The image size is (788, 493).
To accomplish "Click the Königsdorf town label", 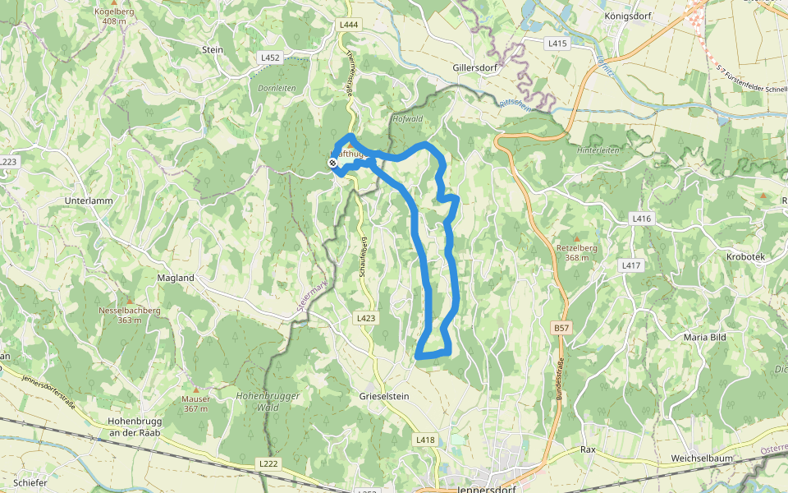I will [x=627, y=16].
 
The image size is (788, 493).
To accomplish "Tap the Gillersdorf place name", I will [x=475, y=68].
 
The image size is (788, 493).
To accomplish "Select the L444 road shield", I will [x=349, y=25].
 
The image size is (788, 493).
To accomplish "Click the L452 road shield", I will [x=270, y=58].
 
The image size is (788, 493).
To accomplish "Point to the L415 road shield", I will [x=557, y=43].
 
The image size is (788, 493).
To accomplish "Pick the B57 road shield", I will [x=561, y=328].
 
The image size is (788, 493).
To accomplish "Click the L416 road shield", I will [x=642, y=219].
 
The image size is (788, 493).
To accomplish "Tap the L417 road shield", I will [x=630, y=265].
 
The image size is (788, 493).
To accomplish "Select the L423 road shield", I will [x=366, y=317].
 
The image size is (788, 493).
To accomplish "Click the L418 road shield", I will [x=425, y=440].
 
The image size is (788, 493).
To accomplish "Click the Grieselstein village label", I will [x=383, y=396].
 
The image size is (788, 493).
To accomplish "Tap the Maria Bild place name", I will [x=710, y=337].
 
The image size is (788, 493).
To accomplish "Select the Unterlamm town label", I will [x=88, y=200].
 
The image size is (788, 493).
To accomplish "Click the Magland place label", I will [x=176, y=278].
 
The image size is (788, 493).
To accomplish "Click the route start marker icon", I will [x=332, y=164].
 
